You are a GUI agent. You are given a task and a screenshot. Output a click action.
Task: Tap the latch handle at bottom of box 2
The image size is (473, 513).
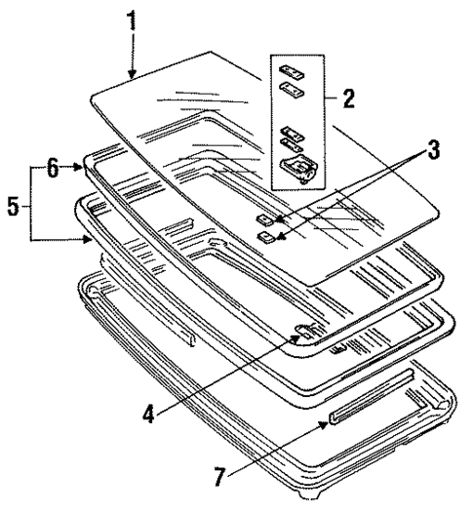pos(297,169)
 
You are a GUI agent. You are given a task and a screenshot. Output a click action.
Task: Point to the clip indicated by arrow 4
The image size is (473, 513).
pos(304,331)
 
